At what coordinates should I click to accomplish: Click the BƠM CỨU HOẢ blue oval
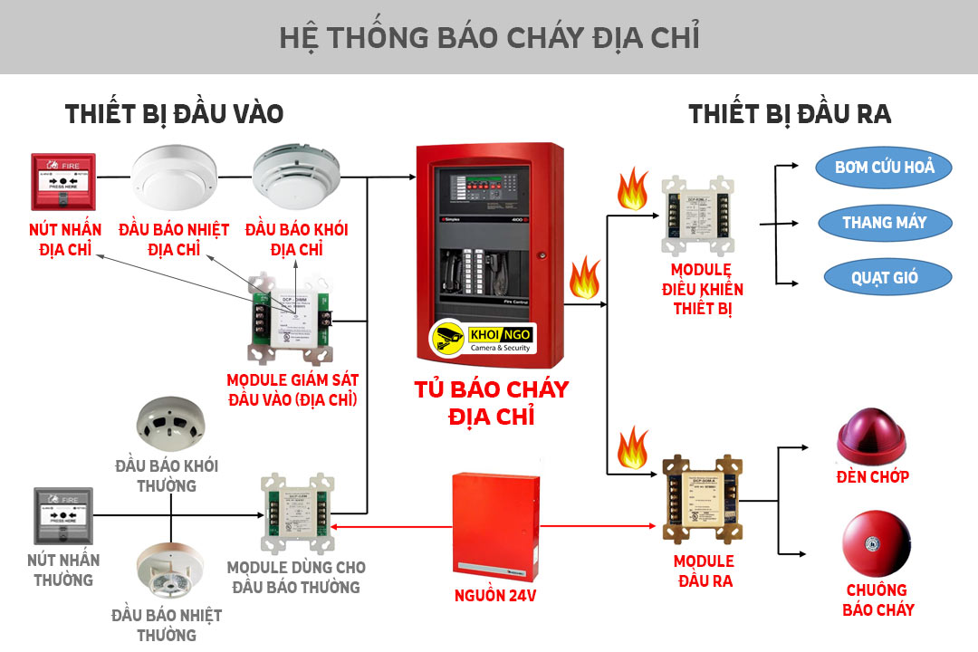(885, 167)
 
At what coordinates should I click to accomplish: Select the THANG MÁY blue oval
(885, 222)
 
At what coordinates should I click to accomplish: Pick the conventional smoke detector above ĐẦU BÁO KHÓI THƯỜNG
(170, 424)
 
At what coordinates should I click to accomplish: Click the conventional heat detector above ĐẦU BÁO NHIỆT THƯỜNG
(170, 570)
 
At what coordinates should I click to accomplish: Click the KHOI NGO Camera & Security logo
(483, 339)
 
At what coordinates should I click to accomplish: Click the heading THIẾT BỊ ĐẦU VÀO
(174, 114)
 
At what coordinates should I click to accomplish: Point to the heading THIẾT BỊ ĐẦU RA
(790, 114)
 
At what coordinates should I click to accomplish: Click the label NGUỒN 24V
(495, 596)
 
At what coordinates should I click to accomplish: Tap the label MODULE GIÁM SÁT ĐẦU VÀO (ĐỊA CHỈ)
(292, 388)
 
